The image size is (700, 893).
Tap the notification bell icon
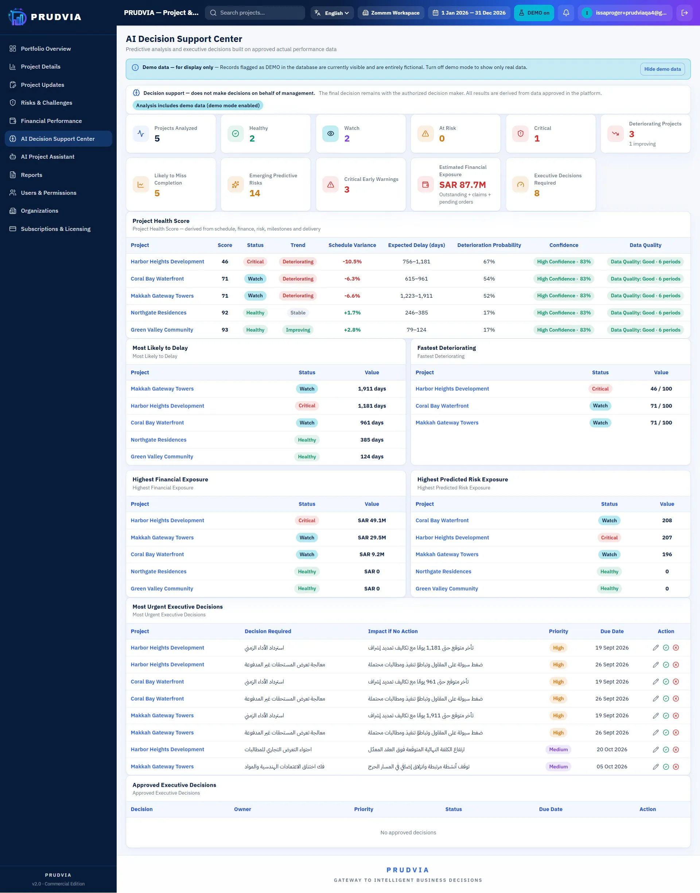click(x=565, y=13)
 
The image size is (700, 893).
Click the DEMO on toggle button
click(x=534, y=13)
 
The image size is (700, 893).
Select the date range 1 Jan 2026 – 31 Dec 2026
click(x=469, y=13)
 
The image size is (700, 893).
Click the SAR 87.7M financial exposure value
click(x=462, y=185)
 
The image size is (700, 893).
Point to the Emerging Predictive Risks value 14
click(x=254, y=193)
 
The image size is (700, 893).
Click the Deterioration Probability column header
click(x=489, y=245)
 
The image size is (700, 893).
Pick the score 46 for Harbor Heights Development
click(x=225, y=262)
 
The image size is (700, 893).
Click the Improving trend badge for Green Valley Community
click(x=298, y=330)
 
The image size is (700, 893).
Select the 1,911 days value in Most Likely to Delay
click(x=372, y=389)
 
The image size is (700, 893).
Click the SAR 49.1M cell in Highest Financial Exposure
click(x=372, y=520)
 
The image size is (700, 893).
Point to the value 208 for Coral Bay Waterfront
click(x=667, y=520)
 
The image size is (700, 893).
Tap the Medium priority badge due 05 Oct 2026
click(x=558, y=766)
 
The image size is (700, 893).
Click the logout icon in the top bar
click(x=684, y=13)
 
